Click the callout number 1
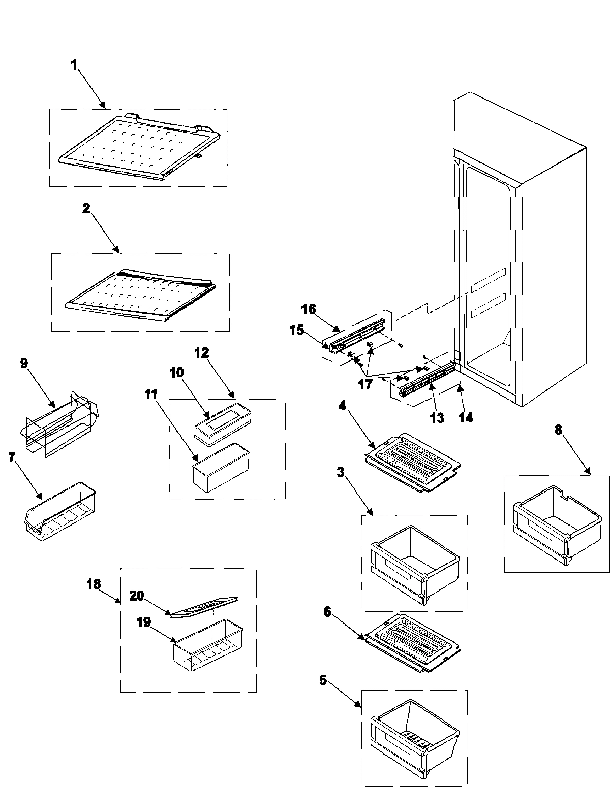click(x=74, y=65)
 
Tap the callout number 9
click(x=24, y=364)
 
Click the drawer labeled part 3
click(x=414, y=564)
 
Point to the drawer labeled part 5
click(x=414, y=739)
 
